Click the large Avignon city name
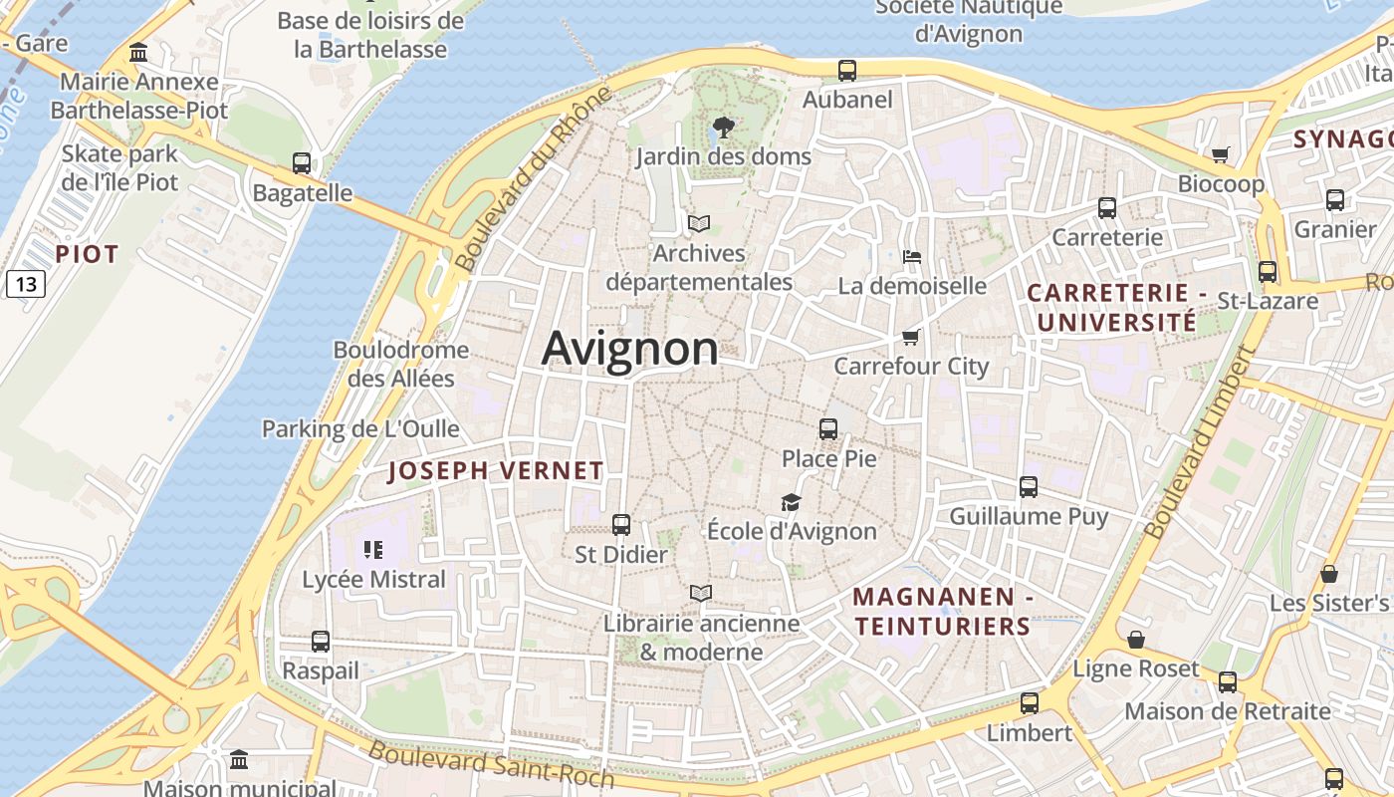[x=629, y=349]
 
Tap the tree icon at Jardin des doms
[x=724, y=127]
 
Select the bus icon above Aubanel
[x=847, y=70]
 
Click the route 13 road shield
[x=26, y=285]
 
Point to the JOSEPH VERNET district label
[x=496, y=471]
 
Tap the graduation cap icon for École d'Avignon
[x=791, y=502]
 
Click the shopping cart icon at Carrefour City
[x=910, y=337]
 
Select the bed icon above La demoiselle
[x=911, y=257]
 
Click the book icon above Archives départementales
[x=700, y=223]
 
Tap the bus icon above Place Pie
[x=828, y=429]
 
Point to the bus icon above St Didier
[x=621, y=524]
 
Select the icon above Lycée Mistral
[x=373, y=549]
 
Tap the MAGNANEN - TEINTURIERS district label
[x=942, y=612]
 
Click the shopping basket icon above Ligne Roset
[x=1136, y=640]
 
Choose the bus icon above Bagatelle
[x=302, y=163]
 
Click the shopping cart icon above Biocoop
[x=1221, y=154]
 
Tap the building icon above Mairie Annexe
[x=139, y=52]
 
